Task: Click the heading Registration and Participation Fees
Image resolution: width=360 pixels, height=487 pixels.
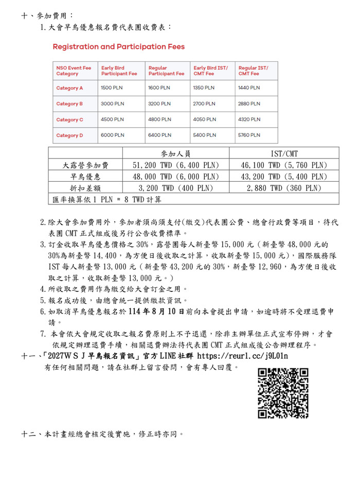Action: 118,47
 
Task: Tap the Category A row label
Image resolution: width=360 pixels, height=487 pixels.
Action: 69,88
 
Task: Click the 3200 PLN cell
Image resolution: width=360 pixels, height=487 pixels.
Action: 159,104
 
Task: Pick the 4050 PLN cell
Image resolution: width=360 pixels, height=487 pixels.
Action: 204,119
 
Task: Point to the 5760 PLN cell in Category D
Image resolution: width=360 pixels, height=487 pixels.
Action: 249,135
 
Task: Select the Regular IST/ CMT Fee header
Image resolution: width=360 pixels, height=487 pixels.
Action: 253,71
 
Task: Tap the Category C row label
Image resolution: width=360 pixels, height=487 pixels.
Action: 69,119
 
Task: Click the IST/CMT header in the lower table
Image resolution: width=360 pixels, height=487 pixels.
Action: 284,153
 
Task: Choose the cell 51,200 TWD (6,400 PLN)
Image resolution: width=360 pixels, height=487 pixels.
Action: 175,165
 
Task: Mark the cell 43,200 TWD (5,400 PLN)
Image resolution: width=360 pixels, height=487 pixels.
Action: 284,177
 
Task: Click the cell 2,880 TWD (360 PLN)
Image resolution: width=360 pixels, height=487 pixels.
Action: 284,188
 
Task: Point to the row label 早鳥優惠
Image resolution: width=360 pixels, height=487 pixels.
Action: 85,177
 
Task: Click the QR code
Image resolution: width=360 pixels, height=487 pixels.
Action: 282,393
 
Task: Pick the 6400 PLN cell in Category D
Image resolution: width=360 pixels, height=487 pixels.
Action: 159,135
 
